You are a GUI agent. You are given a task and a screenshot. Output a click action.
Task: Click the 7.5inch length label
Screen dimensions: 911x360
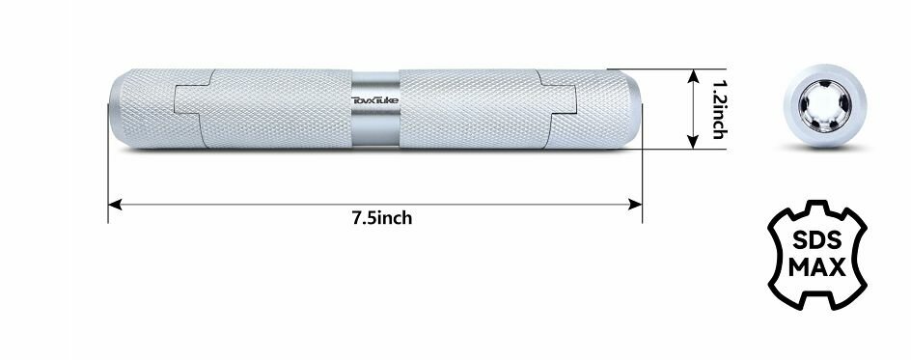click(x=382, y=218)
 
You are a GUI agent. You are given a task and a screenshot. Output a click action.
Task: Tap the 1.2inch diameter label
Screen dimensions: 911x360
click(x=719, y=109)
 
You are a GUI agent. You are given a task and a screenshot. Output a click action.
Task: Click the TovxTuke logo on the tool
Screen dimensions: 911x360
click(x=374, y=100)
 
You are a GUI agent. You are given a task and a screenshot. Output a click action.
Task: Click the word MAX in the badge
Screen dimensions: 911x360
click(x=817, y=268)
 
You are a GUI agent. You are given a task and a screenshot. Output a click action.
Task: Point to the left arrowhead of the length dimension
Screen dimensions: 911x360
click(x=115, y=205)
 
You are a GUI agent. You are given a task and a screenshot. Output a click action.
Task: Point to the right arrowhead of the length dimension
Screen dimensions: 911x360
click(x=636, y=205)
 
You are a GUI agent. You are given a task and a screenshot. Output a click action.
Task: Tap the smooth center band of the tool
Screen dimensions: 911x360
click(x=375, y=109)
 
